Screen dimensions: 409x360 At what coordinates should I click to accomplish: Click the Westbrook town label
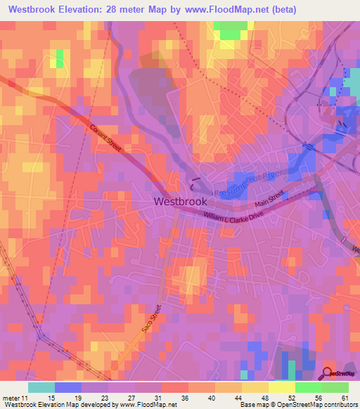(x=180, y=201)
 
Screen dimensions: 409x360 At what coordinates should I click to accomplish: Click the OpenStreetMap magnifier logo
(x=328, y=373)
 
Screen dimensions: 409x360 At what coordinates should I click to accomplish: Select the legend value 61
(x=345, y=398)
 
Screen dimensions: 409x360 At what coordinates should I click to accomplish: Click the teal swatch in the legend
(x=41, y=387)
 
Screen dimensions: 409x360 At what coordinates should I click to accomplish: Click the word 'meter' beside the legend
(x=11, y=398)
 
